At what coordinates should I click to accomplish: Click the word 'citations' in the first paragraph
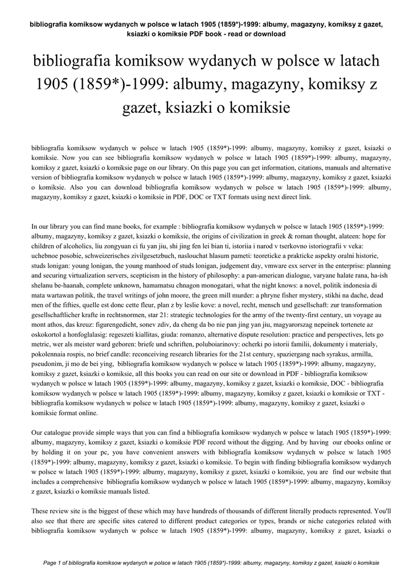pyautogui.click(x=273, y=168)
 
